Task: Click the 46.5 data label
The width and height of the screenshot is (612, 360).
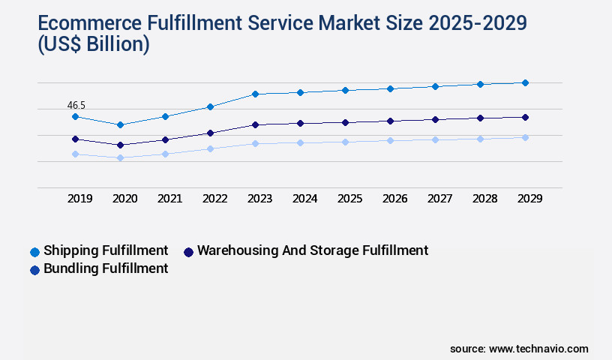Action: [x=76, y=106]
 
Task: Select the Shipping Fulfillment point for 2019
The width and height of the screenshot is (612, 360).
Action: [x=75, y=116]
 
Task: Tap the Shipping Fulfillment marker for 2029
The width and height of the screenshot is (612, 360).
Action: [x=525, y=82]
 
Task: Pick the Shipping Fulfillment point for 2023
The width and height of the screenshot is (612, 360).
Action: [x=255, y=94]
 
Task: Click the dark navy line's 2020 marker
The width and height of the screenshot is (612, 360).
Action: [x=120, y=145]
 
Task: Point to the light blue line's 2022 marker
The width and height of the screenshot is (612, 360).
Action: [x=210, y=148]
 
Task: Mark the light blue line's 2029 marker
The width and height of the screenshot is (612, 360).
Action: [x=525, y=137]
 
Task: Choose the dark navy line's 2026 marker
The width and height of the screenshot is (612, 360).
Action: [x=390, y=121]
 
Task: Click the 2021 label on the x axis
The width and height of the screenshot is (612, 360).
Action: [x=169, y=199]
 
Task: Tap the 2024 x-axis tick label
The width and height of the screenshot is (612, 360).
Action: [x=304, y=199]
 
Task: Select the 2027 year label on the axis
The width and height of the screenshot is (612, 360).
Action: [x=439, y=199]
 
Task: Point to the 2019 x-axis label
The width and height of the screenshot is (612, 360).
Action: [x=79, y=199]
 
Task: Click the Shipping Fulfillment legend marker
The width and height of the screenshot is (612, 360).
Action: [x=34, y=252]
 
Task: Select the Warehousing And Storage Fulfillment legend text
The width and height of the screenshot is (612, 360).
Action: [x=312, y=250]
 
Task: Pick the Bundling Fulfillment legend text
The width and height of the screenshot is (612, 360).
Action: [x=106, y=268]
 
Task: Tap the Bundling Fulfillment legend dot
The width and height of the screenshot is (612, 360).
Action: [x=34, y=270]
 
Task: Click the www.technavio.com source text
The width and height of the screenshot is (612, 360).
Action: [x=538, y=349]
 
